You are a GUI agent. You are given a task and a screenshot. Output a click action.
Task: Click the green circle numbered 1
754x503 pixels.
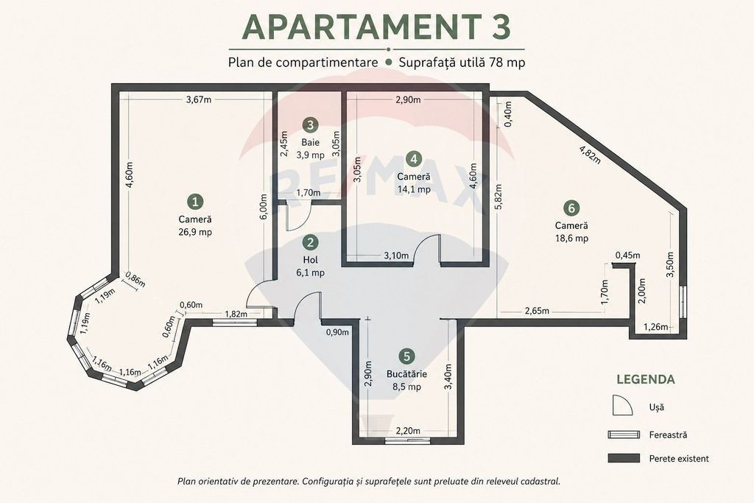pyautogui.click(x=194, y=202)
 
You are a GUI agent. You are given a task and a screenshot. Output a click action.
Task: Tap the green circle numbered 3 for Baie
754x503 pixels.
pyautogui.click(x=310, y=125)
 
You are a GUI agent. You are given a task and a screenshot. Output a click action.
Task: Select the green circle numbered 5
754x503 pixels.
pyautogui.click(x=406, y=356)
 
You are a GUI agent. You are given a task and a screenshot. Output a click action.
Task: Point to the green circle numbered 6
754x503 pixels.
pyautogui.click(x=571, y=208)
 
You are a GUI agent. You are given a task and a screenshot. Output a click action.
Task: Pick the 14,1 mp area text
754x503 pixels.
pyautogui.click(x=414, y=189)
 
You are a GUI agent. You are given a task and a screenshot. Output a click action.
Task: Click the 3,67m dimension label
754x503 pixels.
pyautogui.click(x=199, y=100)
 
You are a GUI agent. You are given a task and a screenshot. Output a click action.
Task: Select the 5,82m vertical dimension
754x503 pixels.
pyautogui.click(x=498, y=197)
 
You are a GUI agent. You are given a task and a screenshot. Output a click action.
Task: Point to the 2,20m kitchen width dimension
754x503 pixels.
pyautogui.click(x=408, y=431)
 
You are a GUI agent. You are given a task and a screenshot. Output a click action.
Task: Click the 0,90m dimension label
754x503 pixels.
pyautogui.click(x=337, y=332)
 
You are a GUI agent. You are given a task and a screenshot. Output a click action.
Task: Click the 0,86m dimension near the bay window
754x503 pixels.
pyautogui.click(x=135, y=280)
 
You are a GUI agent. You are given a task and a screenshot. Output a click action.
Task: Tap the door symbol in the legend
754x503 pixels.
pyautogui.click(x=623, y=405)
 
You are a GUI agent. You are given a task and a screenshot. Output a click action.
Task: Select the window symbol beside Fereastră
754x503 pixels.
pyautogui.click(x=624, y=435)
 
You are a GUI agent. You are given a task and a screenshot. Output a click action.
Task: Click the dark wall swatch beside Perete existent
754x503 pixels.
pyautogui.click(x=624, y=458)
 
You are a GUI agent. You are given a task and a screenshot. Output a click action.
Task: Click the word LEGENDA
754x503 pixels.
pyautogui.click(x=646, y=379)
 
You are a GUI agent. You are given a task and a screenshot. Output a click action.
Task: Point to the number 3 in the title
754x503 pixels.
pyautogui.click(x=501, y=27)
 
